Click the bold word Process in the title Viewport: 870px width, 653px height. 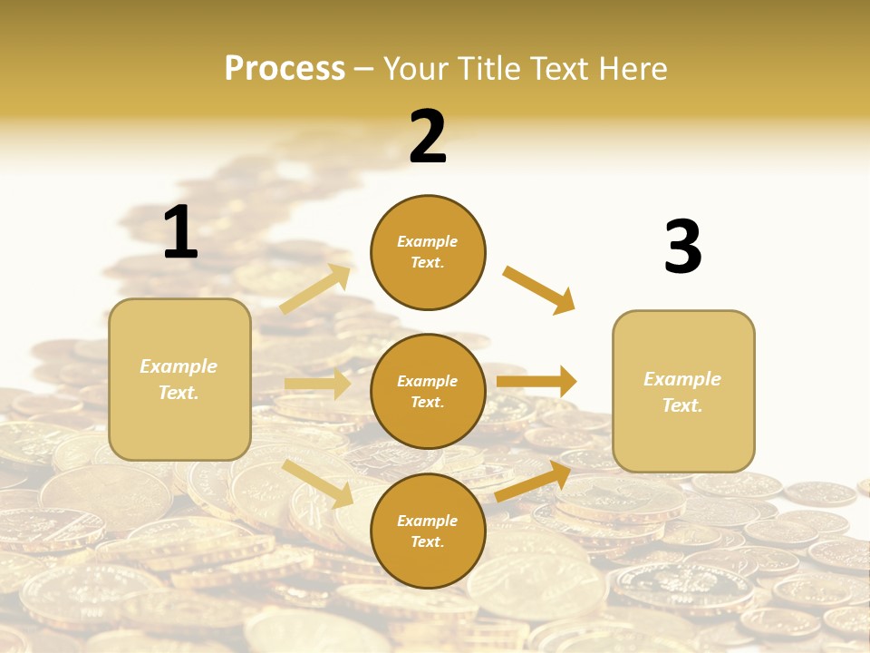click(285, 69)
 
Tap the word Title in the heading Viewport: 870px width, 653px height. click(487, 69)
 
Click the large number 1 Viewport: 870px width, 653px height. click(180, 233)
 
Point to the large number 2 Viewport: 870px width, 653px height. click(428, 137)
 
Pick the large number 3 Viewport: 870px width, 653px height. click(682, 248)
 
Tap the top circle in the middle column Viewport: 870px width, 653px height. click(428, 252)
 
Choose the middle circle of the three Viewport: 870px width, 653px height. click(428, 392)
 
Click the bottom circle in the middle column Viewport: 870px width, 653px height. click(428, 531)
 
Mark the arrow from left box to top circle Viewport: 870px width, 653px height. click(315, 289)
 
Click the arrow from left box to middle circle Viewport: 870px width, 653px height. click(317, 384)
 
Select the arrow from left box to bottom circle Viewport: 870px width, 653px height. click(317, 483)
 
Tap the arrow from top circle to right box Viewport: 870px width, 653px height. click(539, 289)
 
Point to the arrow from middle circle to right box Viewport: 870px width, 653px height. click(536, 381)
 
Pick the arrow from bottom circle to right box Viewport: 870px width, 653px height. click(533, 482)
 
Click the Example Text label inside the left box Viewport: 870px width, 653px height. click(179, 379)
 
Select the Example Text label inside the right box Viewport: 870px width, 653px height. click(682, 392)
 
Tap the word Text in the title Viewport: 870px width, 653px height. click(555, 69)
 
